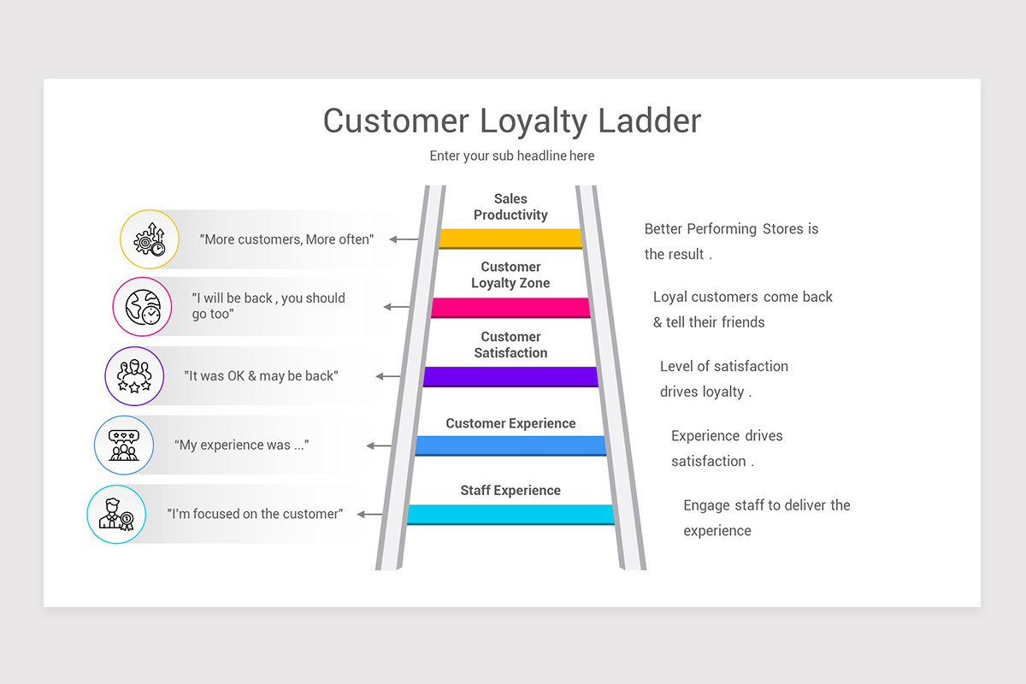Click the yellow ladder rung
[x=510, y=238]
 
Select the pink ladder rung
[x=510, y=307]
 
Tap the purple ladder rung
[x=510, y=376]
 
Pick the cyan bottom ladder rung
[x=510, y=514]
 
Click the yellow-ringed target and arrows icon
[x=150, y=239]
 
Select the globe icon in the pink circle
[x=142, y=306]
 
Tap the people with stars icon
[x=134, y=375]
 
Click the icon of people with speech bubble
[x=124, y=445]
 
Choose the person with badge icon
[x=116, y=514]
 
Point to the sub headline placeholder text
[x=512, y=156]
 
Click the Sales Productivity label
[x=510, y=207]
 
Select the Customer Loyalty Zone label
[x=510, y=275]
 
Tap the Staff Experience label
[x=510, y=490]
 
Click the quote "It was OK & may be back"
[x=261, y=376]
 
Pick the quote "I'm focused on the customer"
[x=255, y=514]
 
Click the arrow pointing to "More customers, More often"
[x=404, y=239]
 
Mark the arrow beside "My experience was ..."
[x=379, y=445]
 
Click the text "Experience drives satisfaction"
[x=727, y=448]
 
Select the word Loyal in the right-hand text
[x=669, y=297]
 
